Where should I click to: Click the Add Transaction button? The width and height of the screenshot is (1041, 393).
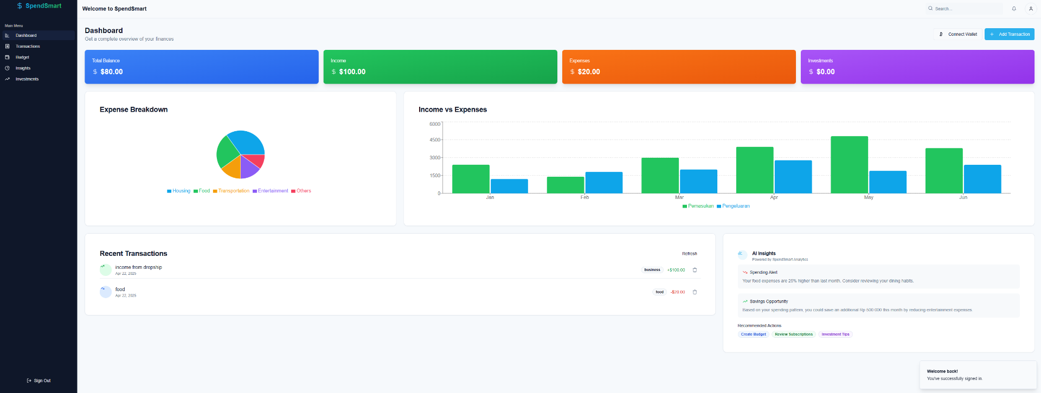[x=1009, y=34]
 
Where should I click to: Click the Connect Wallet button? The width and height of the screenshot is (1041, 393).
[x=958, y=34]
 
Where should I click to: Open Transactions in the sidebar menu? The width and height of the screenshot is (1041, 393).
[x=28, y=46]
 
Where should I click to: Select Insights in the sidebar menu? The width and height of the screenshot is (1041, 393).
[x=23, y=68]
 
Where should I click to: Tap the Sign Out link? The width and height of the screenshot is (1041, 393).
[x=39, y=381]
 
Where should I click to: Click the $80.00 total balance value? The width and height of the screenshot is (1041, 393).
[x=111, y=72]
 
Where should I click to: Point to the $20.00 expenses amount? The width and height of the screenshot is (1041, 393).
[x=588, y=72]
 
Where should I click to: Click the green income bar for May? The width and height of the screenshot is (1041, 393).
[x=849, y=165]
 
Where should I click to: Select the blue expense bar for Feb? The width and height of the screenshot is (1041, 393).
[x=603, y=183]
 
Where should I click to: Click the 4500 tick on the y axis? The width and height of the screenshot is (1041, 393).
[x=435, y=140]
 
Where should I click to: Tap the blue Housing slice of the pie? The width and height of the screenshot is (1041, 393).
[x=247, y=143]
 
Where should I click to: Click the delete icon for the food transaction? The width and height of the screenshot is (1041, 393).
[x=695, y=292]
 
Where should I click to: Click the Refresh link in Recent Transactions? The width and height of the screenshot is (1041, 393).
[x=689, y=254]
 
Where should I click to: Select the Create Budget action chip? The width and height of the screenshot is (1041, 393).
[x=753, y=334]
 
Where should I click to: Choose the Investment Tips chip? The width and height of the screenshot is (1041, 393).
[x=835, y=334]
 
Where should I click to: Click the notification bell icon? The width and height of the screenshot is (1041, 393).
[x=1014, y=9]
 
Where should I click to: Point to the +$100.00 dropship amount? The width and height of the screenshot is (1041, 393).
[x=676, y=270]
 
